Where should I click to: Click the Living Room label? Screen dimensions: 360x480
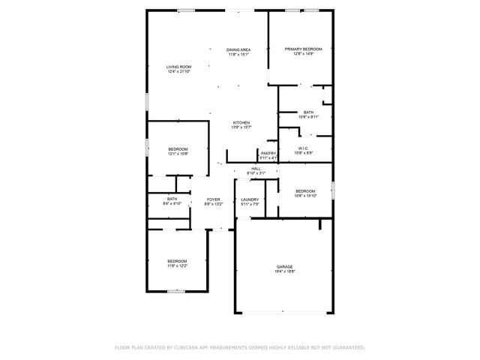point(178,67)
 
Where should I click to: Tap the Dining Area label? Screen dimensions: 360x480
point(238,49)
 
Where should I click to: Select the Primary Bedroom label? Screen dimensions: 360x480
point(308,49)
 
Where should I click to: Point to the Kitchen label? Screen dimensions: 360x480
point(241,123)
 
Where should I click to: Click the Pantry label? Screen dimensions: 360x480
point(268,154)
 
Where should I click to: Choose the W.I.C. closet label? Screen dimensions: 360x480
point(303,148)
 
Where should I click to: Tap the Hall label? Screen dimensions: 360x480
point(256,169)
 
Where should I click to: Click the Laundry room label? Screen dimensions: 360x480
point(250,199)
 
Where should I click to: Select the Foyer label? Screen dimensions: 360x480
point(213,199)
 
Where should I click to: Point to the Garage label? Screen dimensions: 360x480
point(283,267)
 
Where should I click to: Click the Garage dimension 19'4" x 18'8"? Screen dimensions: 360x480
point(283,271)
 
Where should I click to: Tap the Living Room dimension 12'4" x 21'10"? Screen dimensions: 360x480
point(178,71)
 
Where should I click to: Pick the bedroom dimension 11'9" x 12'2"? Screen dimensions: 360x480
point(177,265)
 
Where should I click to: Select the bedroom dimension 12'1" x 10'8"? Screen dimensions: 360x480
point(178,154)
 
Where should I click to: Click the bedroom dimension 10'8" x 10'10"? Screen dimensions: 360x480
point(306,195)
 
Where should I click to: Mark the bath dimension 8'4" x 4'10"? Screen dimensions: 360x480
point(172,203)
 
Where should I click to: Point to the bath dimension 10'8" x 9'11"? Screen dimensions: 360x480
point(308,117)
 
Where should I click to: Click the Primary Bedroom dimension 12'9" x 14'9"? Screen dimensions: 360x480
point(308,54)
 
